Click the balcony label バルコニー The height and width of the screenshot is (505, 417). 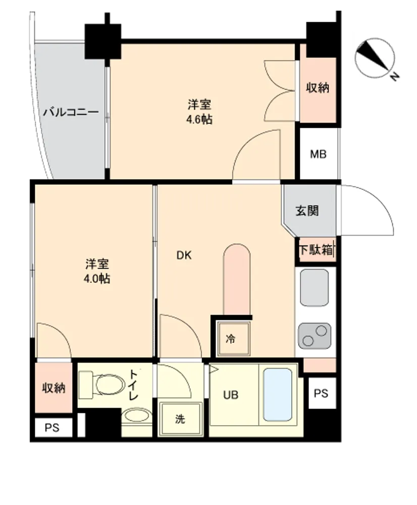coord(71,112)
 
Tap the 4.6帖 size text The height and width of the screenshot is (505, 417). coord(199,120)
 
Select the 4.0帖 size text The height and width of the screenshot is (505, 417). coord(97,278)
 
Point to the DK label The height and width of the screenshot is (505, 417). coord(184,256)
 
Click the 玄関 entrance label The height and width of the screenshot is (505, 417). coord(307,211)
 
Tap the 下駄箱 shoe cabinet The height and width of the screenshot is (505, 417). coord(316,250)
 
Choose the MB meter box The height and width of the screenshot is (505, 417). coord(318,154)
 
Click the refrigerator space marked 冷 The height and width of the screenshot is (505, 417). coord(233,338)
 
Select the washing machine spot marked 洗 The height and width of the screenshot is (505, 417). coord(180,419)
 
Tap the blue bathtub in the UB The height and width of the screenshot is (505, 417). coord(278,394)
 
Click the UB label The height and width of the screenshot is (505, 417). coord(231,395)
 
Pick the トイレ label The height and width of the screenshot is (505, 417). coord(133,384)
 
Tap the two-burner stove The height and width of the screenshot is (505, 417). coord(315,336)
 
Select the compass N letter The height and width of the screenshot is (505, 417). coord(394,76)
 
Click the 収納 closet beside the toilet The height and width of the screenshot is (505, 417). coord(54,388)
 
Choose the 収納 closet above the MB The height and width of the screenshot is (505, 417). coord(318,87)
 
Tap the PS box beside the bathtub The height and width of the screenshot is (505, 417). coord(322,393)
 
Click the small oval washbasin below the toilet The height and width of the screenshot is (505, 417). coord(137,416)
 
